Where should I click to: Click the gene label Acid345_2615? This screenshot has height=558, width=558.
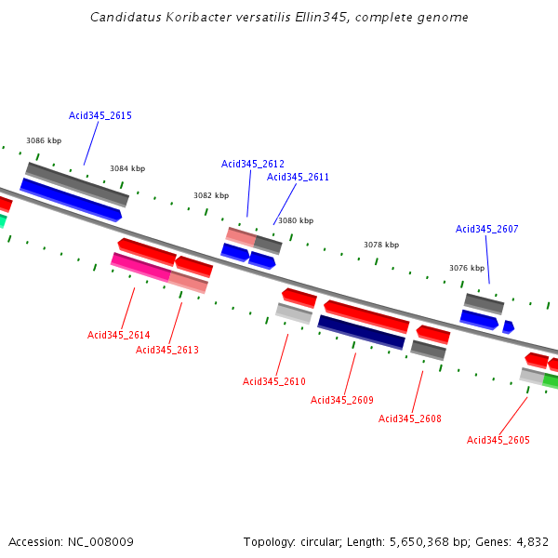tap(100, 116)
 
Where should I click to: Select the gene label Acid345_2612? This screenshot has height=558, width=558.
tap(253, 164)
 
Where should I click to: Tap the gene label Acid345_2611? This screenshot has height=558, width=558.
tap(298, 177)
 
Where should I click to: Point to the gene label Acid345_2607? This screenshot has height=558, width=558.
tap(486, 229)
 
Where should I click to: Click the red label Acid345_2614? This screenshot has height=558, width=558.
tap(118, 335)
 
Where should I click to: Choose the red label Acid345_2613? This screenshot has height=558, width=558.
tap(167, 350)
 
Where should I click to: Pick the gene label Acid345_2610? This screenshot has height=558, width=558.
tap(274, 381)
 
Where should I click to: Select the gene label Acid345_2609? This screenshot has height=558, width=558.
tap(342, 400)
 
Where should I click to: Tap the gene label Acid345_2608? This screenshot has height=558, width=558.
tap(410, 418)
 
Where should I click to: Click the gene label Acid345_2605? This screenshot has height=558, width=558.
tap(498, 440)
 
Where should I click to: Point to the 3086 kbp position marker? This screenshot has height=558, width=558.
tap(44, 140)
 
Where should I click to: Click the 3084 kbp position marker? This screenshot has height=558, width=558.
tap(127, 168)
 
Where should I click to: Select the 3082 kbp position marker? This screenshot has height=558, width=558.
tap(211, 195)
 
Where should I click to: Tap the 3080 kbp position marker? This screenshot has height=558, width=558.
tap(296, 220)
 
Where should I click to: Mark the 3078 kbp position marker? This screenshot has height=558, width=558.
tap(381, 245)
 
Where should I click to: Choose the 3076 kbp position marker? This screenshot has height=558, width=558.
tap(467, 268)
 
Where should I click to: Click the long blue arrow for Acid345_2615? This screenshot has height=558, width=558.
tap(71, 200)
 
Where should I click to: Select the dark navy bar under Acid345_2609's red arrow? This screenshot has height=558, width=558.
tap(361, 332)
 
